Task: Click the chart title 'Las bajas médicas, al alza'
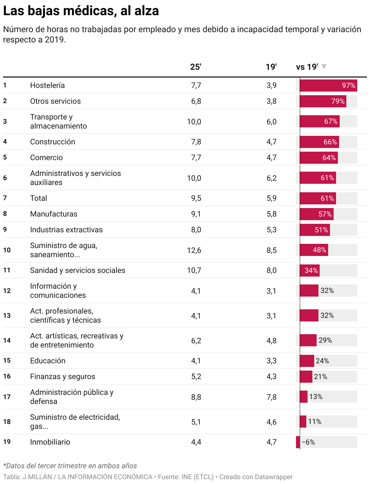pos(81,11)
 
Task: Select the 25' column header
pos(196,67)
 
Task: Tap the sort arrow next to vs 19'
pos(324,66)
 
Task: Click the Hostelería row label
pos(47,86)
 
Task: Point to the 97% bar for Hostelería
pos(328,86)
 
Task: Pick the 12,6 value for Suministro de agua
pos(194,250)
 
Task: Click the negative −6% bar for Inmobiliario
pos(298,442)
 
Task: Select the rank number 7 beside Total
pos(5,198)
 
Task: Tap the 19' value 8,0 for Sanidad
pos(271,271)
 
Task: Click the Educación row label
pos(48,361)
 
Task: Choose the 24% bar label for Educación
pos(322,361)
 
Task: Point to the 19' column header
pos(271,67)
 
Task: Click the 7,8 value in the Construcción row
pos(196,142)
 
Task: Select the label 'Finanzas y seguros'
pos(62,377)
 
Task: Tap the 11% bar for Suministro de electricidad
pos(303,422)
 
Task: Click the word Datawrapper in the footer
pos(275,477)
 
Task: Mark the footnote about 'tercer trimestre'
pos(70,466)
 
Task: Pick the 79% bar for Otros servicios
pos(323,101)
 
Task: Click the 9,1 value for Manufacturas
pos(196,214)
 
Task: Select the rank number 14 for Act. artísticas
pos(7,341)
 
